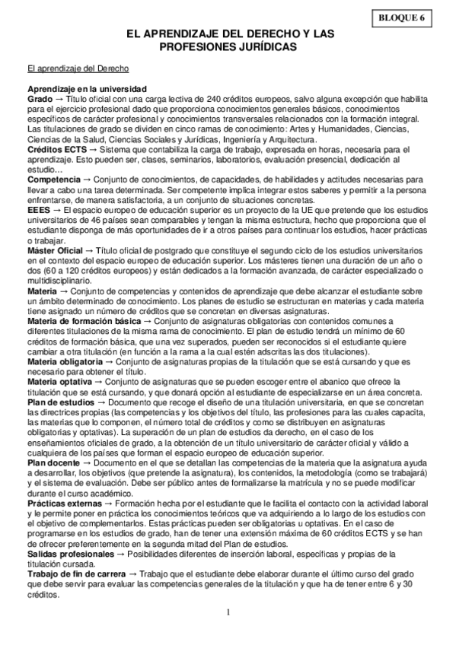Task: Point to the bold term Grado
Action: (40, 99)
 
